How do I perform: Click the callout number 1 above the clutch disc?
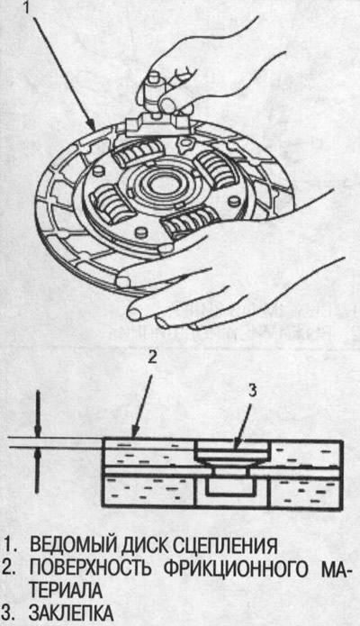27,6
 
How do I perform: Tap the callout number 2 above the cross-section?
152,358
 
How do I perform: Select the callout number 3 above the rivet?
251,392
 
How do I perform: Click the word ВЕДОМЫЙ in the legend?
65,545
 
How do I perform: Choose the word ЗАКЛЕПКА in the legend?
71,613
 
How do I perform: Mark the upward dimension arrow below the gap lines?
37,470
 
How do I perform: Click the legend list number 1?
11,546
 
